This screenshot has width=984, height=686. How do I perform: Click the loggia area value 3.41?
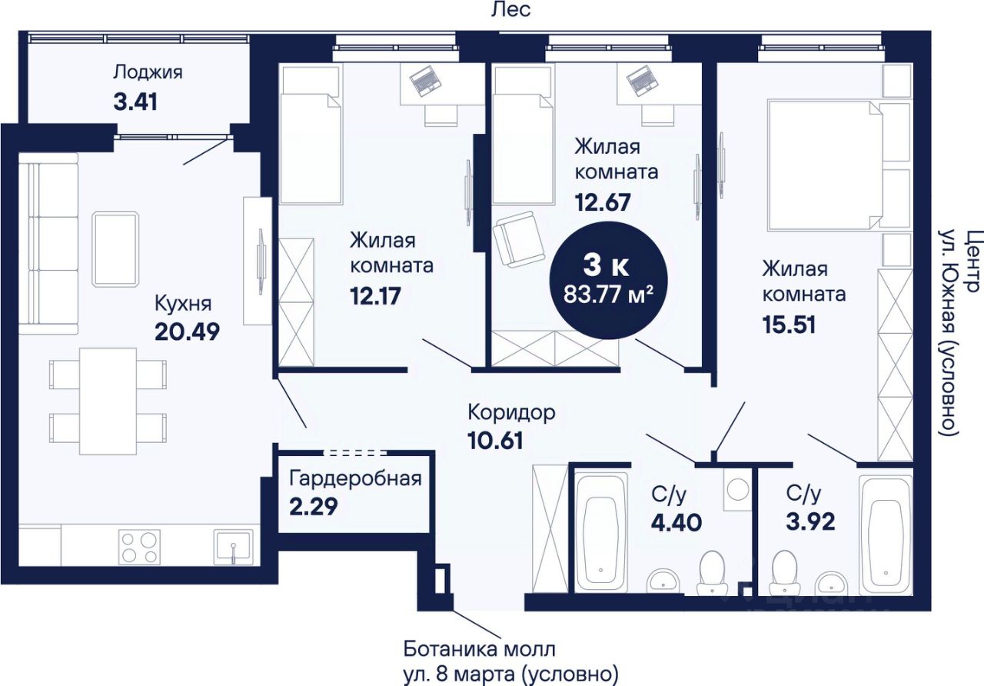click(x=135, y=102)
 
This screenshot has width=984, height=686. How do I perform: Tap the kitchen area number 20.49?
click(x=187, y=332)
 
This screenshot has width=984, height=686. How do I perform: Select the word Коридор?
click(x=511, y=413)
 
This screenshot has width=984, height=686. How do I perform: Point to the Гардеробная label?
click(x=355, y=478)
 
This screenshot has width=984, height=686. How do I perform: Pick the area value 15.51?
click(x=789, y=325)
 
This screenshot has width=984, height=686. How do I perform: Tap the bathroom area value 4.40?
click(x=676, y=522)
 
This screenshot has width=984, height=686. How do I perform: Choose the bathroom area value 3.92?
click(x=810, y=521)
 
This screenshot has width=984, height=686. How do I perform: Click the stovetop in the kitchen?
click(x=140, y=547)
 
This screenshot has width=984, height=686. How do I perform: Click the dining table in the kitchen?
click(x=108, y=401)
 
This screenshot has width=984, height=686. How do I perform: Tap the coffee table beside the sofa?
click(x=115, y=248)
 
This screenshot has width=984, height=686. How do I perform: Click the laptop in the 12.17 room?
click(x=425, y=81)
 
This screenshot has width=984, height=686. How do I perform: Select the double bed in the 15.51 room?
click(x=826, y=165)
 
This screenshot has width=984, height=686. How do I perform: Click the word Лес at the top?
click(x=511, y=10)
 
